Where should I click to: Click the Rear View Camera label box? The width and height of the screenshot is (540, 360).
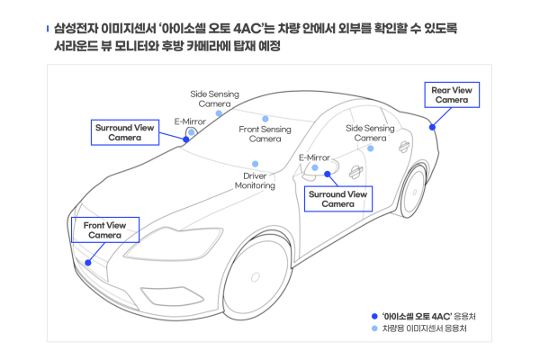pyautogui.click(x=452, y=94)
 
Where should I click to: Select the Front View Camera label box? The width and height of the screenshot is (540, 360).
pyautogui.click(x=105, y=229)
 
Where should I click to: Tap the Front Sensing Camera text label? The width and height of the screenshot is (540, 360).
pyautogui.click(x=265, y=134)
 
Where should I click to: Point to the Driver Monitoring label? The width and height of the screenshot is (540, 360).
pyautogui.click(x=255, y=181)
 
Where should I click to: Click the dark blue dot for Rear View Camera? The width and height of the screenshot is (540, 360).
pyautogui.click(x=432, y=128)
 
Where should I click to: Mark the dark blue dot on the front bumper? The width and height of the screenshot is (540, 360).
pyautogui.click(x=88, y=263)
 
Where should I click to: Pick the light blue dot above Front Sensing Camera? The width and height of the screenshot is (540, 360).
pyautogui.click(x=265, y=119)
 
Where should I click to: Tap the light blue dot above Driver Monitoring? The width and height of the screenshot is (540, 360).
pyautogui.click(x=256, y=164)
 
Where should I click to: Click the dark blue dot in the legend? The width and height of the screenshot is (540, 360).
pyautogui.click(x=374, y=316)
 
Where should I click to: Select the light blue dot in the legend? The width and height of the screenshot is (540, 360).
pyautogui.click(x=374, y=328)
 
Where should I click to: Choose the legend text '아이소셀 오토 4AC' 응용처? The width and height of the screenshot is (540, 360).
pyautogui.click(x=428, y=316)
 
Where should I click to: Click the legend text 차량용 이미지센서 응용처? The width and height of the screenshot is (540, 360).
pyautogui.click(x=424, y=328)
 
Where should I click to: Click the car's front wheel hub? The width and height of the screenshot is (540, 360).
pyautogui.click(x=256, y=276)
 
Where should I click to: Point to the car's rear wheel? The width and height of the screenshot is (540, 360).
pyautogui.click(x=414, y=192)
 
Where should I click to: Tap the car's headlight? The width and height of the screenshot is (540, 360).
pyautogui.click(x=174, y=243)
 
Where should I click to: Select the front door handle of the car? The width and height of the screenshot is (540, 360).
pyautogui.click(x=355, y=171)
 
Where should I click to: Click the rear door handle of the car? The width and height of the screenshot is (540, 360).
pyautogui.click(x=404, y=147)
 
